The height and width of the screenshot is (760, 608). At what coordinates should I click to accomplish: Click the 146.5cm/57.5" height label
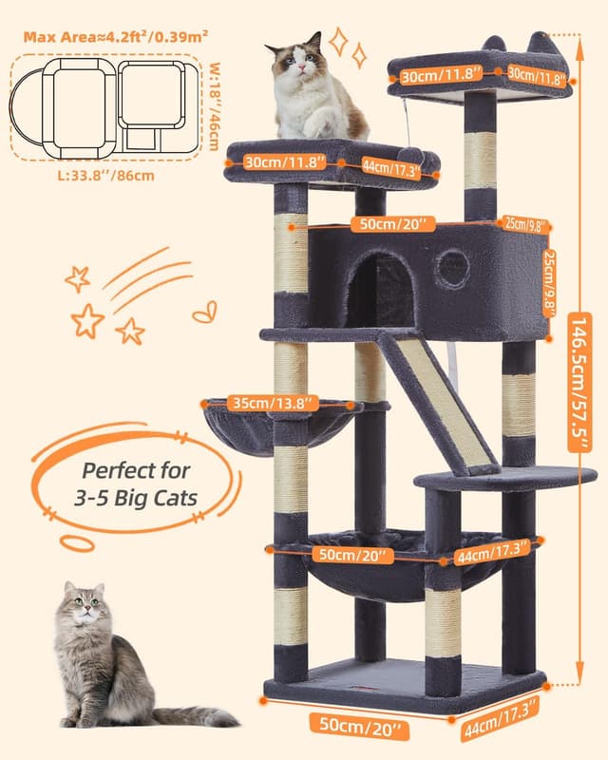tap(579, 383)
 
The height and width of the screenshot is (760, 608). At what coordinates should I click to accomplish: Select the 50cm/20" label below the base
tap(359, 726)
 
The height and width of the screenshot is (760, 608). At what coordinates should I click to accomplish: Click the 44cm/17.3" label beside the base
tap(502, 717)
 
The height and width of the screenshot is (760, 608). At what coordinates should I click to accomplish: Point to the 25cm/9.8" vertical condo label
tap(549, 283)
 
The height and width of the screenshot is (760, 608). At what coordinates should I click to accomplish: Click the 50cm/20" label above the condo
tap(392, 224)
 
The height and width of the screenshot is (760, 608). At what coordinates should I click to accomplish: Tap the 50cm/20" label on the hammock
tap(352, 556)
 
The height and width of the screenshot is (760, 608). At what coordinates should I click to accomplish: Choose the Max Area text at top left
tap(116, 37)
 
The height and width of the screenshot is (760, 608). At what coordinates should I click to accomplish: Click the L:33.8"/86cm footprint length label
tap(106, 175)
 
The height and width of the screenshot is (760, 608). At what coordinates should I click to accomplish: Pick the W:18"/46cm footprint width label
tap(214, 106)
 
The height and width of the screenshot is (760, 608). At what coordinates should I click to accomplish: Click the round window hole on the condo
tap(453, 268)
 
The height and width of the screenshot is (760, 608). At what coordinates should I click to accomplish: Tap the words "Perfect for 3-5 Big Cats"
tap(136, 484)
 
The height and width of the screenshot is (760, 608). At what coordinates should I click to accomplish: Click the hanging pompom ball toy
tap(411, 155)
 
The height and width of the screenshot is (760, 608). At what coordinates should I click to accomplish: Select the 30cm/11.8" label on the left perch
tap(285, 161)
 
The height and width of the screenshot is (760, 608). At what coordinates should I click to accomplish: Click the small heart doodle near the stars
tap(205, 313)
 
